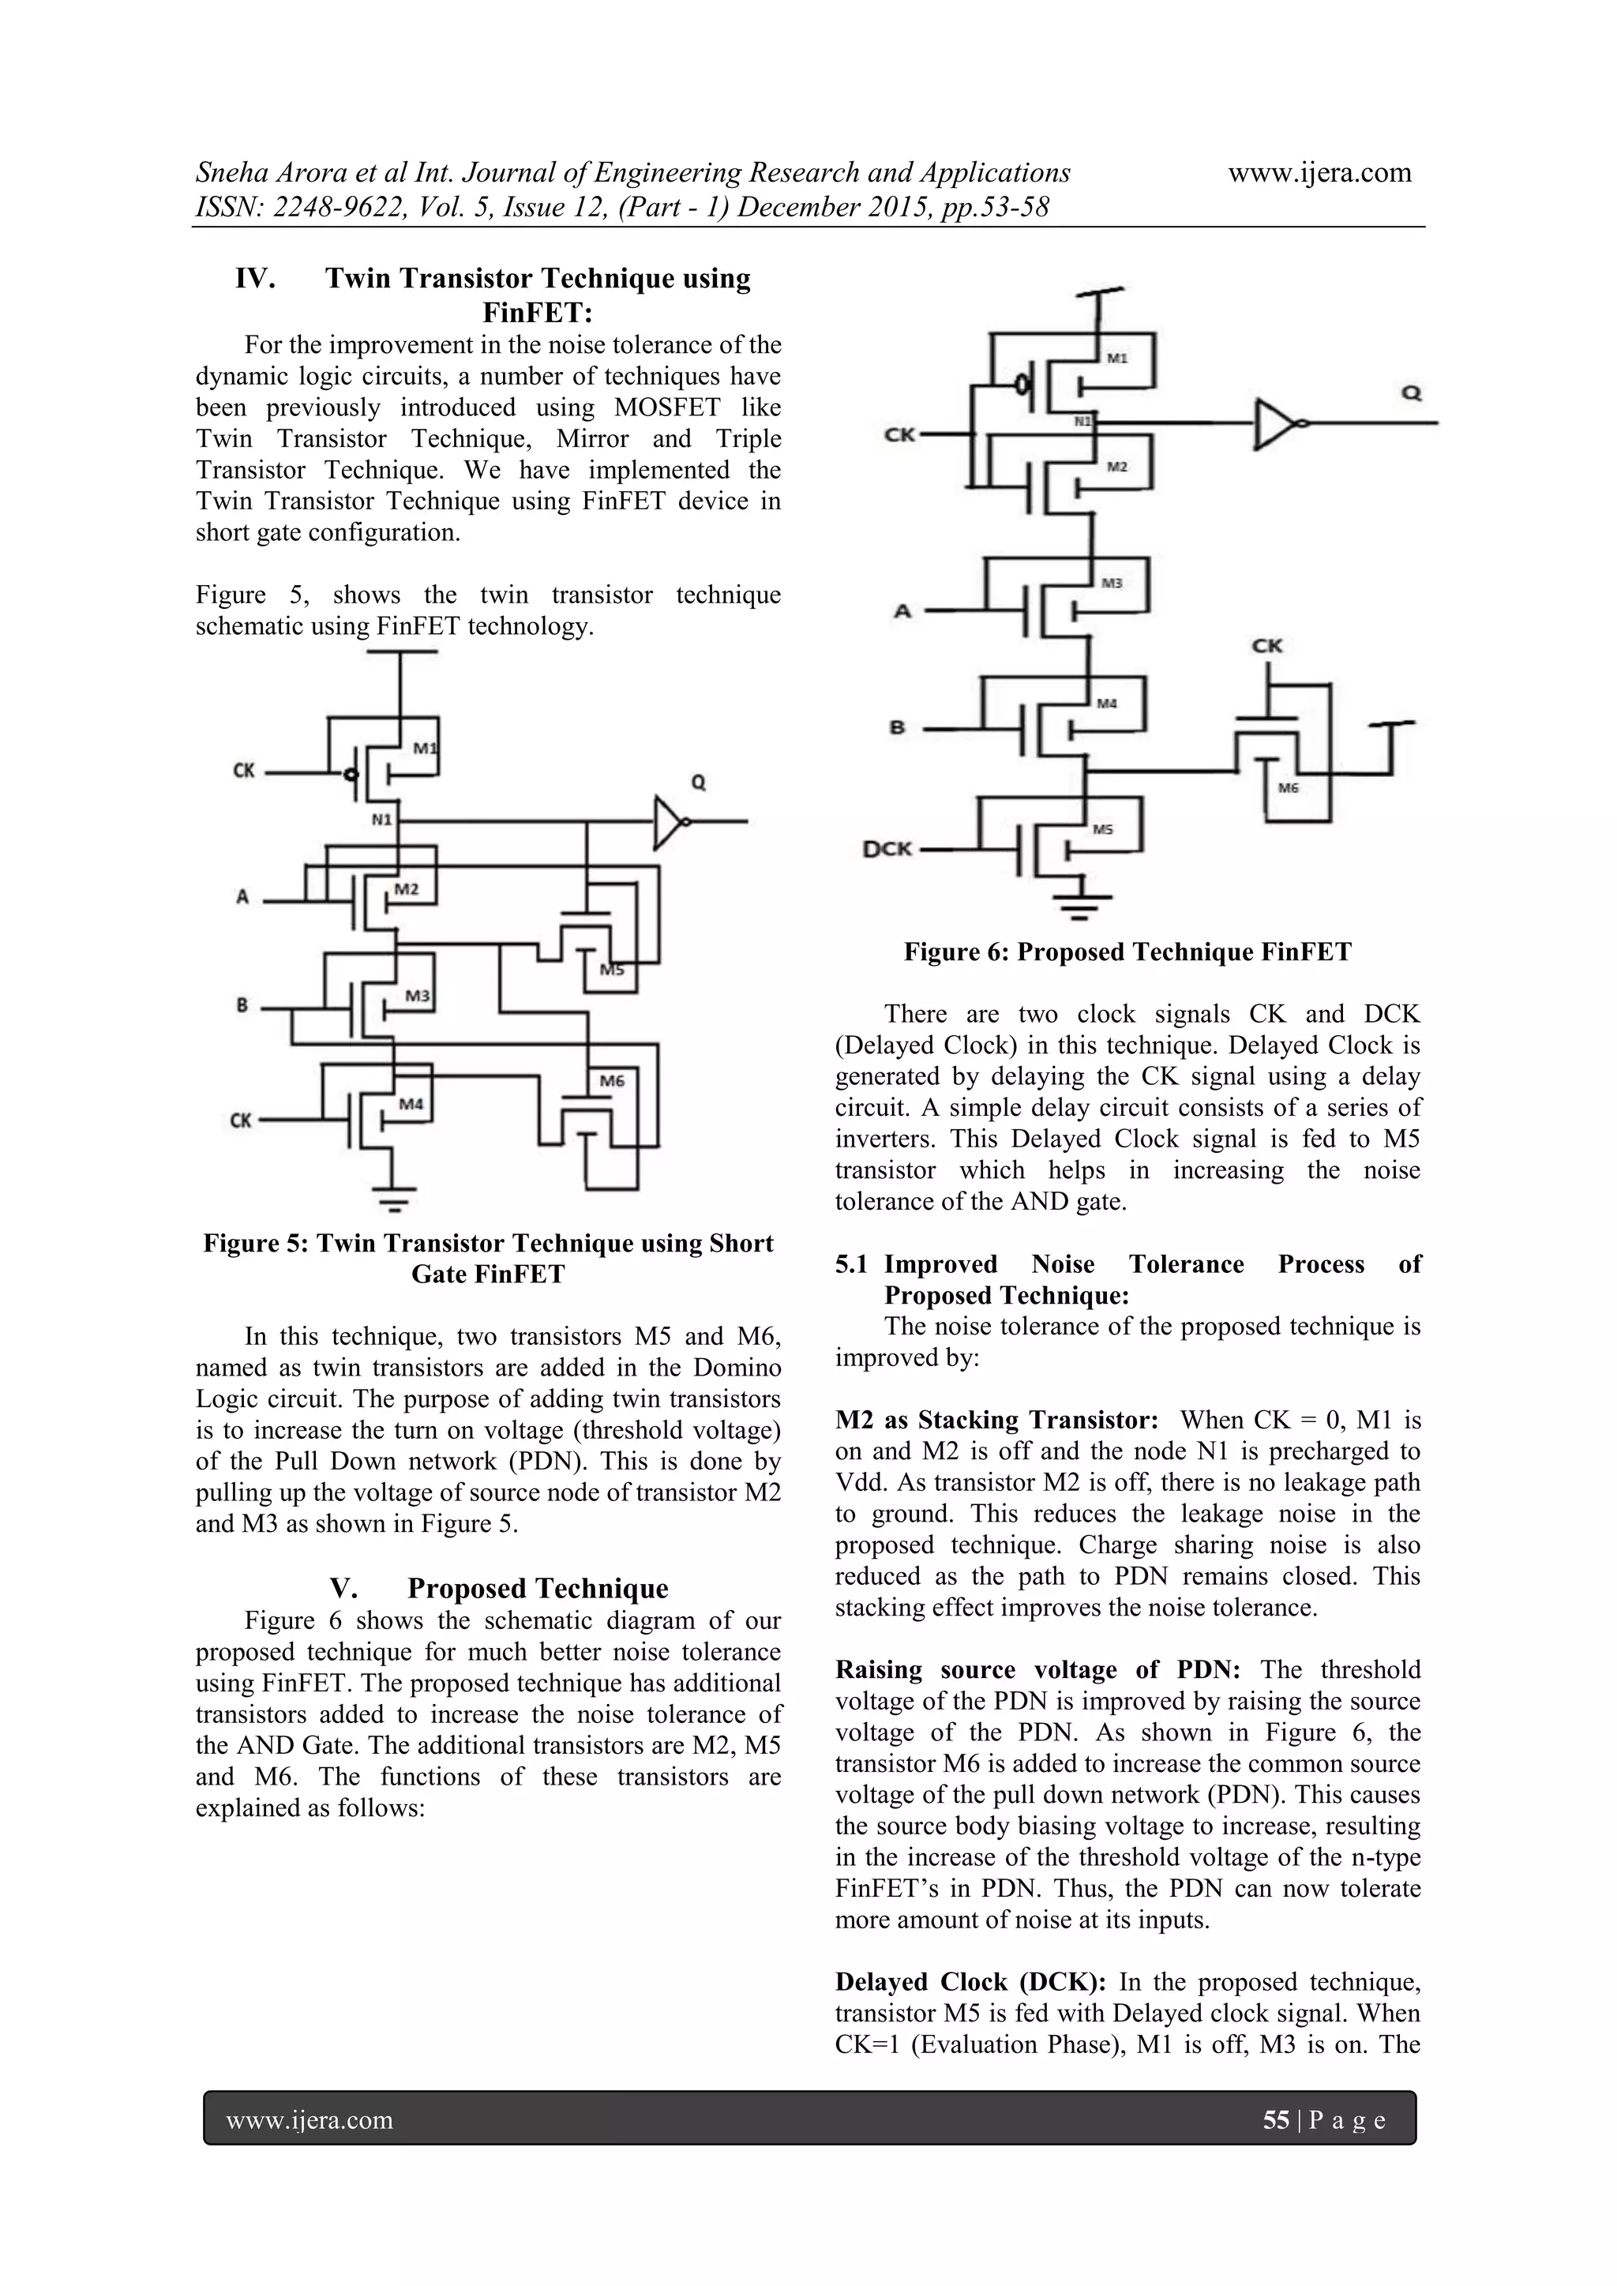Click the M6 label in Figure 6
1289,787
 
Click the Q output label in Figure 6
1411,393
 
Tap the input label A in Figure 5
242,897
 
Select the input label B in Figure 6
897,728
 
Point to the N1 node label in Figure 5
382,820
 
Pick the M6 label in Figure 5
611,1080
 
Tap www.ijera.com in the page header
1319,172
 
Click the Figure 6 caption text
1127,952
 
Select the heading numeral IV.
255,279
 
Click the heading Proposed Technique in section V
538,1588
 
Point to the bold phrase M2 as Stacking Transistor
996,1420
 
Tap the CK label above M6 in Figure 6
1266,646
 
